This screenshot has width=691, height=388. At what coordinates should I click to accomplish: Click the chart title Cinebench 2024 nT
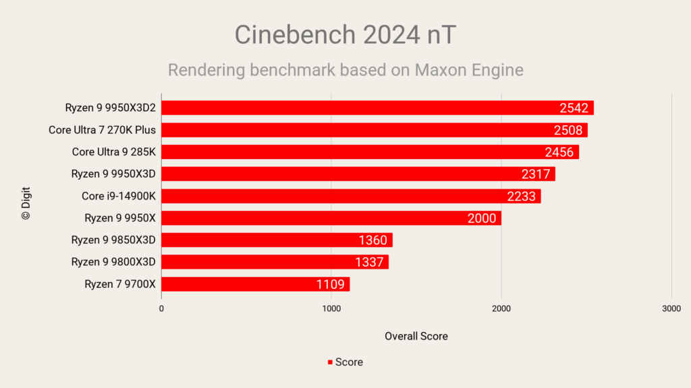point(345,35)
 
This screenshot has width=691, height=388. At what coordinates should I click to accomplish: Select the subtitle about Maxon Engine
point(345,70)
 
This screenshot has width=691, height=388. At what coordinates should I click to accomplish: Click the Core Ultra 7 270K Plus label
point(102,130)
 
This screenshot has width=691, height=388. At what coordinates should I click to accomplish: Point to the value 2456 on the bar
point(559,152)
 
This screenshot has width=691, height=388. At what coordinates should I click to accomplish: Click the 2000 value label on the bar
point(482,218)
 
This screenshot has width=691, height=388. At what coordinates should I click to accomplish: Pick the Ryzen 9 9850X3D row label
point(113,240)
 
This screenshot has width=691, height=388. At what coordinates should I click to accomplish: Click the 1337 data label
point(369,262)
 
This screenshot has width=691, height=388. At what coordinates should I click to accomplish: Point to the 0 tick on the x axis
point(161,308)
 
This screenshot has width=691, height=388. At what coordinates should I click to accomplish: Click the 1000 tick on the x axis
point(331,308)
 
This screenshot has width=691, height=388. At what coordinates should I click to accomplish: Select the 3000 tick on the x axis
point(671,308)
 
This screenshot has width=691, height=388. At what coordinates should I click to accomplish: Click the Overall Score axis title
point(416,335)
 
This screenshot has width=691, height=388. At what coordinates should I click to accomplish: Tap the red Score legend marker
point(330,362)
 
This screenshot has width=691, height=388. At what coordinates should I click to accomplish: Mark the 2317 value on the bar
point(536,174)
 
